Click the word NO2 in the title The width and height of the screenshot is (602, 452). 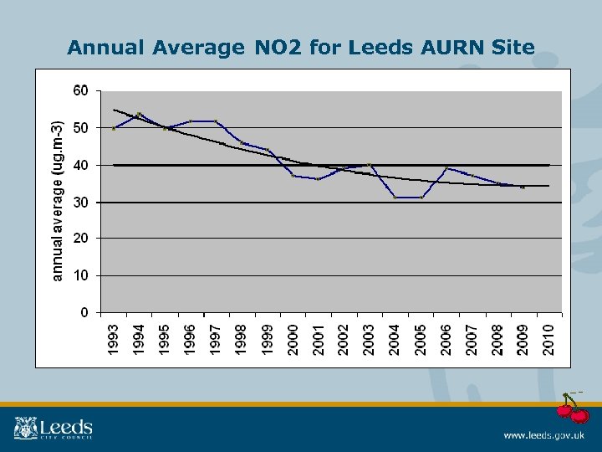(x=275, y=48)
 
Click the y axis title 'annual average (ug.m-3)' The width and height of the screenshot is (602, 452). (x=57, y=201)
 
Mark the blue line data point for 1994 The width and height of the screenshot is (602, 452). (x=139, y=114)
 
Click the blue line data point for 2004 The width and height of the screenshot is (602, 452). (x=395, y=197)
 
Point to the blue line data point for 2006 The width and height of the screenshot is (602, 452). (x=446, y=168)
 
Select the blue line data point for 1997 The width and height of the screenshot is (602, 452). (x=216, y=121)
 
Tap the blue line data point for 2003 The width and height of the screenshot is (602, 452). (x=370, y=164)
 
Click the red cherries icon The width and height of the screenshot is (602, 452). (x=573, y=408)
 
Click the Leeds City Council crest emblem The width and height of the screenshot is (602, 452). (x=24, y=428)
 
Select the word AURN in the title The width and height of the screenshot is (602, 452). (x=447, y=48)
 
